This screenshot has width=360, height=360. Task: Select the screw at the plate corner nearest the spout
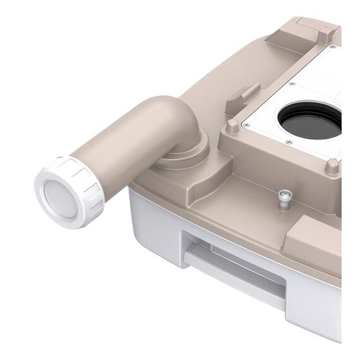[246, 124]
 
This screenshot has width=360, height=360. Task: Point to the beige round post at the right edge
[332, 167]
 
